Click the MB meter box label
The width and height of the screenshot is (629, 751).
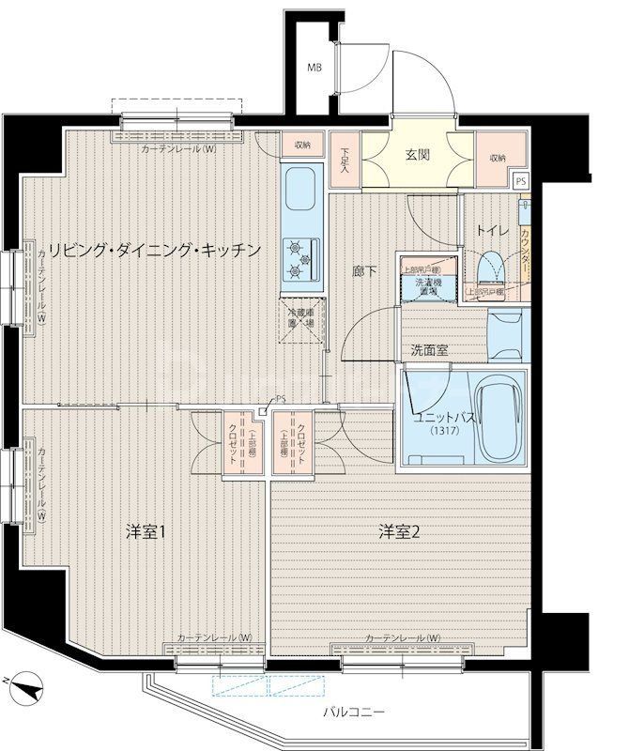coord(316,68)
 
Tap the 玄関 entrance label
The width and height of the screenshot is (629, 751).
coord(418,156)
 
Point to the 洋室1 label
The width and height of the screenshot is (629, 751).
coord(146,532)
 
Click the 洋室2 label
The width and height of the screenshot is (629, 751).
coord(399,532)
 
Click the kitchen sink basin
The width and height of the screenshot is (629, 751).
coord(301,191)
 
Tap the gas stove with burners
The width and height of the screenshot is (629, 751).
coord(302,258)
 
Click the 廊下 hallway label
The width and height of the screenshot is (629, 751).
coord(365,272)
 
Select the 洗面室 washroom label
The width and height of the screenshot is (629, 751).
coord(429,351)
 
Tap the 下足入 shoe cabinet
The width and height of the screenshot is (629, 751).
coord(345,162)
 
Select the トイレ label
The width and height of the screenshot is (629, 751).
coord(493,228)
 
